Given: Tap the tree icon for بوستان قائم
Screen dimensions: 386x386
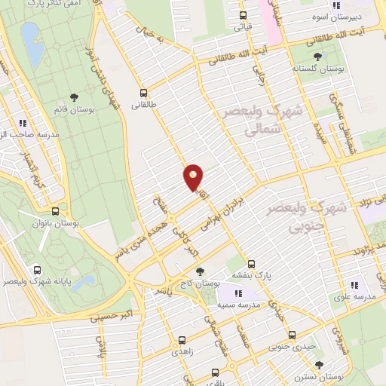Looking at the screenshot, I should (74, 96).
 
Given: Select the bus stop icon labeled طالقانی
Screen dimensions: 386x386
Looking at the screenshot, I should (143, 94).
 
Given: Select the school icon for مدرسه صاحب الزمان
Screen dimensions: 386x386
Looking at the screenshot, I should (23, 121).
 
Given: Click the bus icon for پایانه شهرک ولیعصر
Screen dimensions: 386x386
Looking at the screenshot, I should (38, 269).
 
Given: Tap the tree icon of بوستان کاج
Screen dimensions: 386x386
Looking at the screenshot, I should (199, 271).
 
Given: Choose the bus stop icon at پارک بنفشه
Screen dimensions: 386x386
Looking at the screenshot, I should (252, 265).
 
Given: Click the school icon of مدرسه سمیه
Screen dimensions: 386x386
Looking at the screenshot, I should (238, 293).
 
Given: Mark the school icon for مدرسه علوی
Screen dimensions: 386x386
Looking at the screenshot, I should (354, 285).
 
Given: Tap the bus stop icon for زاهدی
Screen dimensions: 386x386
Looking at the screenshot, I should (181, 340).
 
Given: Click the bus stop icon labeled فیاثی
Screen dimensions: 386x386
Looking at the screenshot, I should (243, 15).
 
